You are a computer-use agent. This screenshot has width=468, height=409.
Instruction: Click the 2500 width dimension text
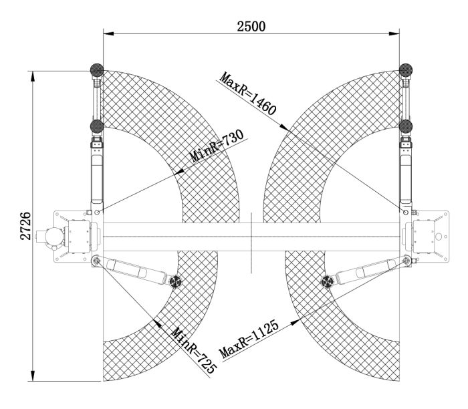point(251,26)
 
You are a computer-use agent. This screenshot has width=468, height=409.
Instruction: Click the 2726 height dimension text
point(25,226)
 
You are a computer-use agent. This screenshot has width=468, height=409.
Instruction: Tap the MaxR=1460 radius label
point(248,94)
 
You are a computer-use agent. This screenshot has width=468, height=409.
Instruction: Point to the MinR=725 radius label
point(193,350)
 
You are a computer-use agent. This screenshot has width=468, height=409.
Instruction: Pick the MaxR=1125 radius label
point(249,339)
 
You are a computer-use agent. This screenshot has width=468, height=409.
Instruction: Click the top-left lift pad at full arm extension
point(97,70)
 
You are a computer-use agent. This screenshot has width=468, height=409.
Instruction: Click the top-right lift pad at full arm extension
point(406,70)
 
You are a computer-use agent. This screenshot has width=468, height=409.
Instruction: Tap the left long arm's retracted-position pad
point(97,126)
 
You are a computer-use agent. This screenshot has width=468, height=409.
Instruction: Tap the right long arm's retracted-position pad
point(406,126)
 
